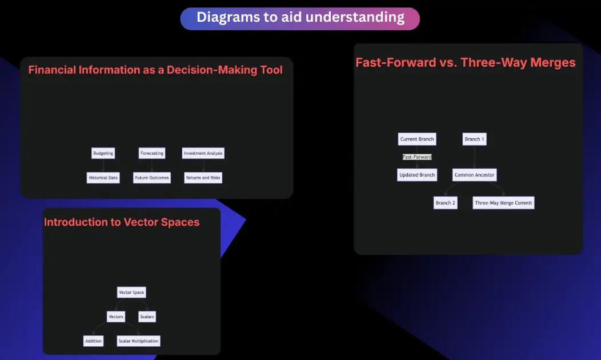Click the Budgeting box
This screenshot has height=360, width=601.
pos(103,153)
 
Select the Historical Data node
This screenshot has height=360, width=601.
pos(103,178)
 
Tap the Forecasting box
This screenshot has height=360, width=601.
pos(152,153)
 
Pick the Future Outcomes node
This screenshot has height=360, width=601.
pos(152,178)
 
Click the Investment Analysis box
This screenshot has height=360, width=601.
pos(203,153)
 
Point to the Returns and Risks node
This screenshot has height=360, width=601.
pos(203,178)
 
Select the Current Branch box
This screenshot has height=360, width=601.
pos(417,139)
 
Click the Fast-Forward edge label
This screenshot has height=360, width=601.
pos(417,157)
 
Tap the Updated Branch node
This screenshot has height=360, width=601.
pos(417,175)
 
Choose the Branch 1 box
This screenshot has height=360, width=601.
pos(475,139)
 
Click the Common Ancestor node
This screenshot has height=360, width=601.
pos(475,175)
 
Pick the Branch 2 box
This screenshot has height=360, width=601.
pos(446,203)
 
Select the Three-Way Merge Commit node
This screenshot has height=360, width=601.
pos(504,203)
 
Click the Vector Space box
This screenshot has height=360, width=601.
pos(131,292)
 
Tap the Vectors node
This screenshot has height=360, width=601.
pos(116,317)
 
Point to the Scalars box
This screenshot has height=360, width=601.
pos(147,317)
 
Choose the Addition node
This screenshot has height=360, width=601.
pos(94,341)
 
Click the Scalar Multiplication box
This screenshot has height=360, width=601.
pos(138,341)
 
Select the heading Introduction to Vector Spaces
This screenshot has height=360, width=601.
pos(122,222)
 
